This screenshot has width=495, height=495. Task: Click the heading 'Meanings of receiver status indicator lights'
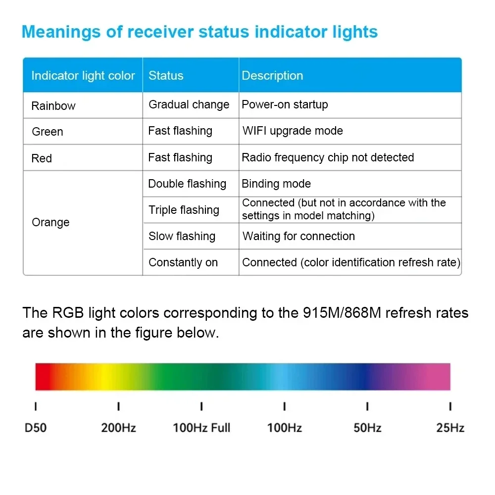coord(199,32)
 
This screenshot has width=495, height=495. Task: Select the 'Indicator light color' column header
coord(83,76)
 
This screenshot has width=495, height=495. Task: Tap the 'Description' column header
coord(272,76)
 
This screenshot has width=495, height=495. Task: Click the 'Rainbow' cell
coord(53,106)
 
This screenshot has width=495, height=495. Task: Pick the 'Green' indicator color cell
coord(48,132)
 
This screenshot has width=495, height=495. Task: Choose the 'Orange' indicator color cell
coord(50,222)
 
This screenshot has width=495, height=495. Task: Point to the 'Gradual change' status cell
coord(189,105)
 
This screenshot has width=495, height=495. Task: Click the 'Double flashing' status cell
coord(187,184)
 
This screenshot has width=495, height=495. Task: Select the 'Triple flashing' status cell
coord(184,210)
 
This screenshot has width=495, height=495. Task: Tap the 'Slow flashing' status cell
coord(182,236)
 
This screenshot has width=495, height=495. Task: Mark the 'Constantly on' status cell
coord(183,262)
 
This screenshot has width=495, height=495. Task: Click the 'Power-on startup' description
coord(285,105)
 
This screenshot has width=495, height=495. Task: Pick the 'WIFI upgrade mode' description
coord(293,131)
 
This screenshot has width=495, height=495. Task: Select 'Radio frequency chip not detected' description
coord(328,157)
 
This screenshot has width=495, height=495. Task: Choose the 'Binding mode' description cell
coord(276,184)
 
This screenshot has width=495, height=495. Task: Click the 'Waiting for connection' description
coord(298,236)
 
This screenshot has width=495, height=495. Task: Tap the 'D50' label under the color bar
coord(36,428)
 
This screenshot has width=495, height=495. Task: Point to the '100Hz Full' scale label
coord(201,428)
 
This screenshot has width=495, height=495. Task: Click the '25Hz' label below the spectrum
coord(450,428)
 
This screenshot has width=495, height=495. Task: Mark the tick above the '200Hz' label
coord(118,406)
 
